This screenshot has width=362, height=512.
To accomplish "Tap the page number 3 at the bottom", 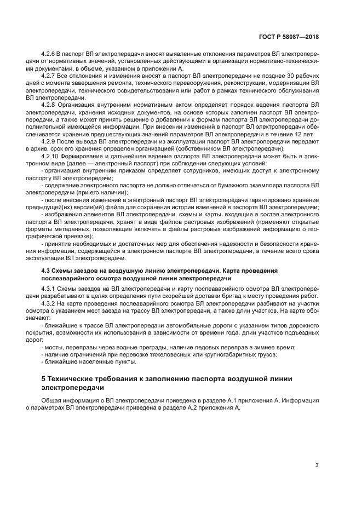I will pyautogui.click(x=317, y=465).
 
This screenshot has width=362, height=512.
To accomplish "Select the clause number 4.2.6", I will pyautogui.click(x=50, y=56).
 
